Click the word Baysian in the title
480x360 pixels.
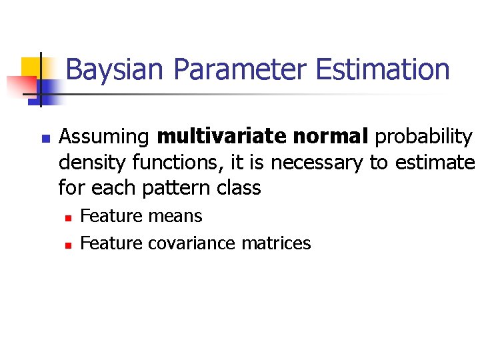pos(111,70)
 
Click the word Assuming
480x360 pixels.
pos(104,137)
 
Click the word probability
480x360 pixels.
pos(423,137)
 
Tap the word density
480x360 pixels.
pos(91,163)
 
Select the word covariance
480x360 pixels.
pos(192,243)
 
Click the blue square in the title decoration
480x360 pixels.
pos(51,90)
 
